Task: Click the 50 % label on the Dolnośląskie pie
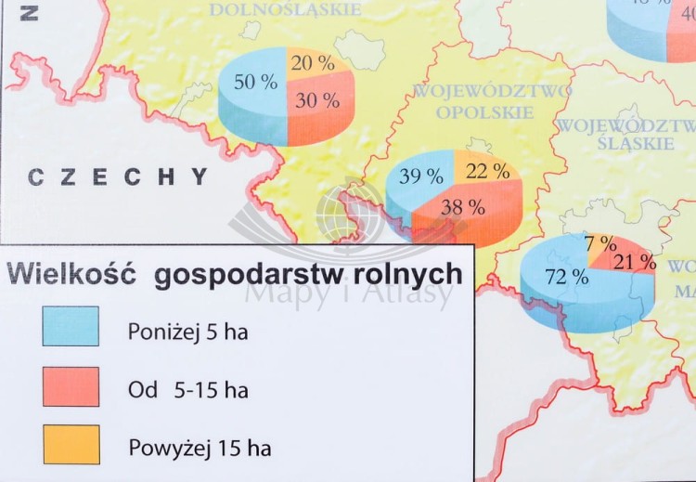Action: click(x=255, y=82)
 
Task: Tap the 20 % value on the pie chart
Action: click(x=313, y=63)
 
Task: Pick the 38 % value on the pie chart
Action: click(x=463, y=207)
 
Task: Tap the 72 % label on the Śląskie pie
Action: click(x=566, y=276)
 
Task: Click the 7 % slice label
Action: click(x=600, y=243)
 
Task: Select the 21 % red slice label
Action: click(x=635, y=262)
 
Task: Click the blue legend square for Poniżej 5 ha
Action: click(x=71, y=326)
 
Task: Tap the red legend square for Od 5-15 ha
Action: click(x=71, y=386)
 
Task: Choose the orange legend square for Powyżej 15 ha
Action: click(x=71, y=445)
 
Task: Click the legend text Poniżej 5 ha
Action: click(x=188, y=332)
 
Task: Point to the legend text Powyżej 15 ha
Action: click(x=199, y=449)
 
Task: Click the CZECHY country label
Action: click(x=118, y=176)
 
